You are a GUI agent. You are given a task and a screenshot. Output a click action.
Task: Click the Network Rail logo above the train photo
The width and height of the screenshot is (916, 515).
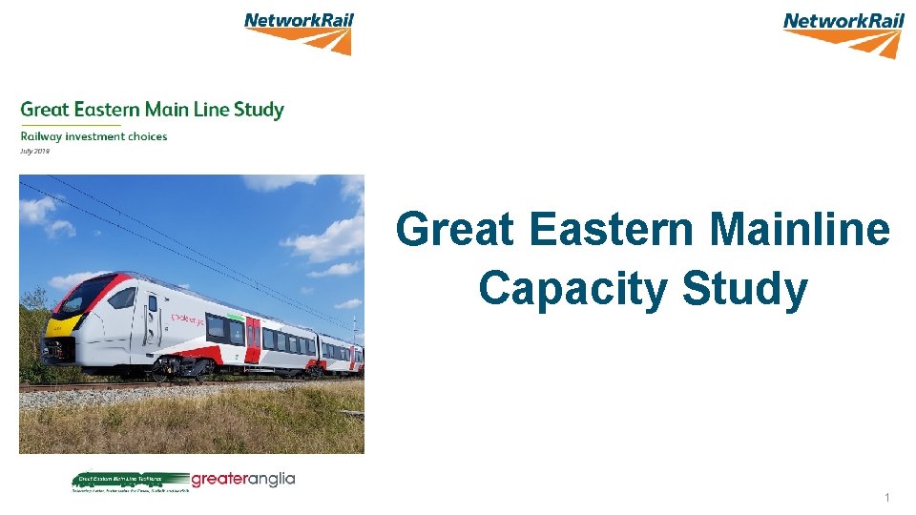pos(298,32)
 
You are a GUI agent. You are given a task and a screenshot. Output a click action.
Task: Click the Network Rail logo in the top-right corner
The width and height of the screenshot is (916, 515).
pos(843,34)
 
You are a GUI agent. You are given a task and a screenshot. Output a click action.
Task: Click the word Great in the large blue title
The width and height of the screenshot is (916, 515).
pos(454,231)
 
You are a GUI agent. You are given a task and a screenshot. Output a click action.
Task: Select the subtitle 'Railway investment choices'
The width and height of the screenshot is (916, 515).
pos(94,136)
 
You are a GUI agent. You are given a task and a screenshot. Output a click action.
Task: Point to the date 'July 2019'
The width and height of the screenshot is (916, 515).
pos(34,151)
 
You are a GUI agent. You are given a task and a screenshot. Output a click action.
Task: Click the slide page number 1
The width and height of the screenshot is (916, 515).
pos(886,497)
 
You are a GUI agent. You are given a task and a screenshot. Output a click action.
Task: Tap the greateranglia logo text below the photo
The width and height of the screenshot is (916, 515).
pos(243,479)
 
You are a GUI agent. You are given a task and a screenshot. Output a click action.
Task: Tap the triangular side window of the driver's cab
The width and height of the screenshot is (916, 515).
pos(121,298)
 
